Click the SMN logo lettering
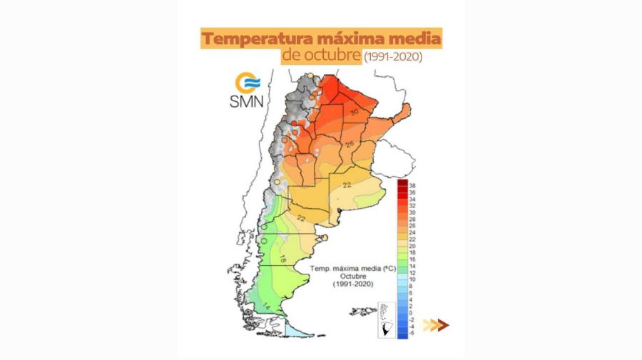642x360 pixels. [246, 101]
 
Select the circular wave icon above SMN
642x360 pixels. [247, 81]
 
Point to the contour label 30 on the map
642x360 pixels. [353, 112]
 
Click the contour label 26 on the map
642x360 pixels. [350, 144]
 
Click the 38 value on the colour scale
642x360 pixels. [412, 185]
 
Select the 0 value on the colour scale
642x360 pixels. [411, 312]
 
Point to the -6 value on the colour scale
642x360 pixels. [412, 333]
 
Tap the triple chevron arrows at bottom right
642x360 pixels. [435, 325]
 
